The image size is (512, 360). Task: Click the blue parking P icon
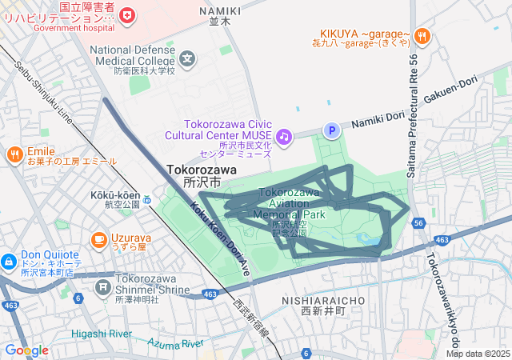(x=330, y=130)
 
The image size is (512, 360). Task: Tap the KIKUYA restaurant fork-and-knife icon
(x=422, y=35)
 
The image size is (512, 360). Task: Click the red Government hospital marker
(x=126, y=14)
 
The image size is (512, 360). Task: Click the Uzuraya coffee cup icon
(x=99, y=238)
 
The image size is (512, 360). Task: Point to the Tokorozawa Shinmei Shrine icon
(x=103, y=286)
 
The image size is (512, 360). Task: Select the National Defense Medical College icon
(x=187, y=58)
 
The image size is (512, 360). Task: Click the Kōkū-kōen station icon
(x=147, y=199)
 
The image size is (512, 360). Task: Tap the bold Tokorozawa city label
(x=202, y=170)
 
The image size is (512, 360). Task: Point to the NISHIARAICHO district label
(x=323, y=299)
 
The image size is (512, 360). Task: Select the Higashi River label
(x=101, y=333)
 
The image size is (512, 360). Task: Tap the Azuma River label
(x=176, y=343)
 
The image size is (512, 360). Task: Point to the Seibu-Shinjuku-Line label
(x=43, y=97)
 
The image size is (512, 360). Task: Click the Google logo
(x=26, y=350)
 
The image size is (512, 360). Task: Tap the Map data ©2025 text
(x=478, y=354)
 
